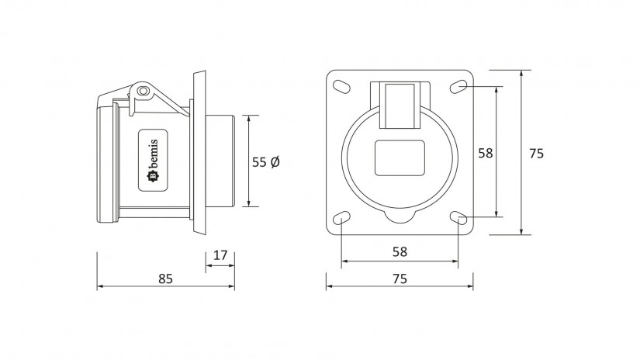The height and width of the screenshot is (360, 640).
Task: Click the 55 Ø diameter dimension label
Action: coord(266,162)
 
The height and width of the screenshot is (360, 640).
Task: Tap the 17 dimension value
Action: coord(220,255)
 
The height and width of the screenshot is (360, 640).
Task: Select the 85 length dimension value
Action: coord(165,279)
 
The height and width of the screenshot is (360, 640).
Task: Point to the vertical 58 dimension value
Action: coord(486,153)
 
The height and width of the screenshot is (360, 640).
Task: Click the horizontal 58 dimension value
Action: coord(400,252)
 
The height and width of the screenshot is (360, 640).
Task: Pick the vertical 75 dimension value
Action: coord(536,154)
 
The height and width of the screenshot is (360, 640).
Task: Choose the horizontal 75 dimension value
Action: coord(400,279)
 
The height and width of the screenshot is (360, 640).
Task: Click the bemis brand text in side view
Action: coord(154,154)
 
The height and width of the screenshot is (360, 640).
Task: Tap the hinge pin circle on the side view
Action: coord(142,91)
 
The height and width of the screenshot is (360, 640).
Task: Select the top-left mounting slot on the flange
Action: coord(341,87)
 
